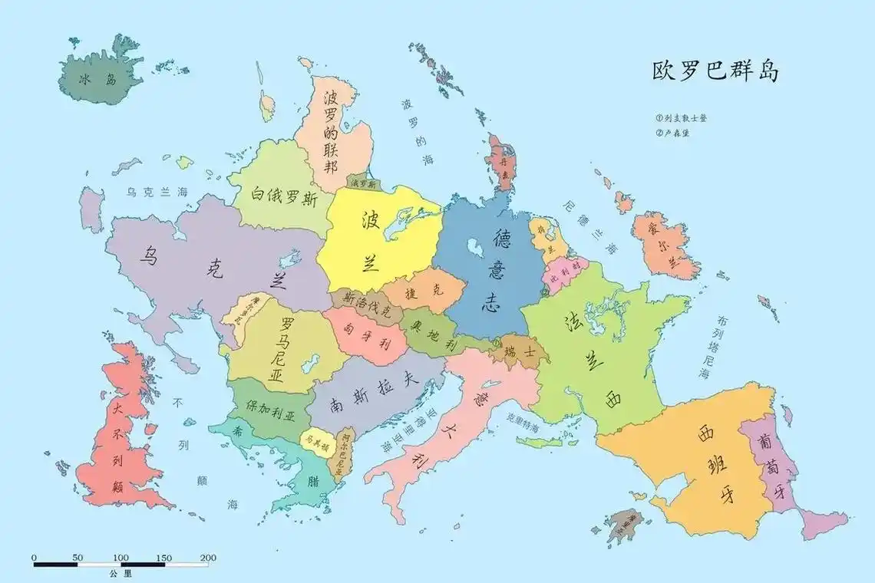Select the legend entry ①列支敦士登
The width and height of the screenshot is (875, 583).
[681, 118]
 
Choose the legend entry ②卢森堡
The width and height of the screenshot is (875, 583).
[673, 133]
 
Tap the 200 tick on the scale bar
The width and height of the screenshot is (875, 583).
[207, 558]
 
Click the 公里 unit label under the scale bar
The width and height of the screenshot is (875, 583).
[121, 574]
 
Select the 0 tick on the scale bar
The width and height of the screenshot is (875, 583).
[34, 558]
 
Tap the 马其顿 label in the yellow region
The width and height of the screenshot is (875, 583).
[315, 443]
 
